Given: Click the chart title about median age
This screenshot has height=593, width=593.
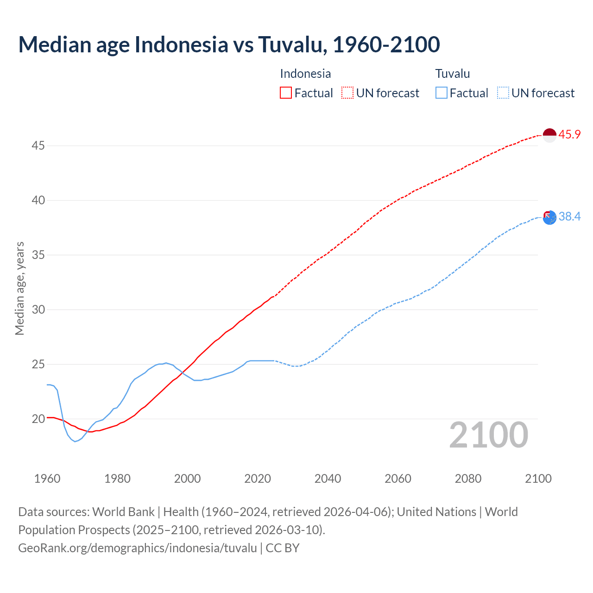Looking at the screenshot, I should coord(229,44).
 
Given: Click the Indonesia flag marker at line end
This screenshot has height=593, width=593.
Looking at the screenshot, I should coord(549,135).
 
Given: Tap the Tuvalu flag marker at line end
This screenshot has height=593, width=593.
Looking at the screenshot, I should coord(549,217).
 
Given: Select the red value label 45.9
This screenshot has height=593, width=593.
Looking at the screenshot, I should coord(569,135).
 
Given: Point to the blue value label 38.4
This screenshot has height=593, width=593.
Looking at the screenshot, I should coord(569,216).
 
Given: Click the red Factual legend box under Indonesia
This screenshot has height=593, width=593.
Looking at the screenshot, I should coord(286,93).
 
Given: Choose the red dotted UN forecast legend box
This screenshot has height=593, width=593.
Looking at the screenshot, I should coord(347,93).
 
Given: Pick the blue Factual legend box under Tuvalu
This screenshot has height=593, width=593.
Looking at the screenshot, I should coord(442,93).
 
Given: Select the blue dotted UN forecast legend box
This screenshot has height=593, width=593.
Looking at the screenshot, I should coord(503,93).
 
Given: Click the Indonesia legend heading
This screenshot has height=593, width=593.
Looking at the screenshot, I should coord(305,74).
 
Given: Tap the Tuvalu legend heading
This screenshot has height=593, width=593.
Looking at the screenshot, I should coord(453,74).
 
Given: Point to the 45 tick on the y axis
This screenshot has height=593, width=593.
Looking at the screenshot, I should coord(38,146).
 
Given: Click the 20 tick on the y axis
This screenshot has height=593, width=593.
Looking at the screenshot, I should coord(38,419).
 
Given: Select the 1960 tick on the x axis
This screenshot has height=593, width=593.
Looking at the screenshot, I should coord(47,479).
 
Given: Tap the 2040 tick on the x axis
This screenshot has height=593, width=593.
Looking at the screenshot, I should coord(328,479).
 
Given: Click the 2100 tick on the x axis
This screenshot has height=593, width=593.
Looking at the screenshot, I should coord(538,479).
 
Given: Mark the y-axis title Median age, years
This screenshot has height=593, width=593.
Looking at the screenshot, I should coord(19,288).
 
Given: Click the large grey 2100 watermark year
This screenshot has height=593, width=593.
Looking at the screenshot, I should coord(488,435).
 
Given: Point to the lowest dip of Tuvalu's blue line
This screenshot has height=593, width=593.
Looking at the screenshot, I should coord(75,441).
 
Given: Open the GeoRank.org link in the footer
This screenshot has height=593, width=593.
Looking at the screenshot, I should coord(137,548).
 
